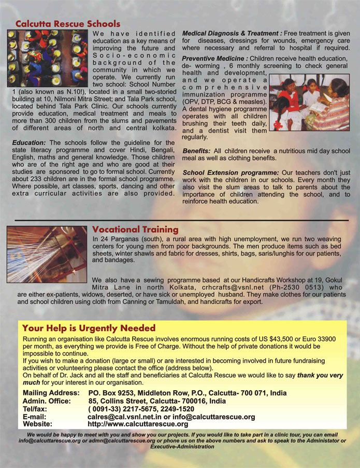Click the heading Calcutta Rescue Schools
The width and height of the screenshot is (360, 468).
pos(68,24)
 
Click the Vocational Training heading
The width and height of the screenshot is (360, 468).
pos(135,229)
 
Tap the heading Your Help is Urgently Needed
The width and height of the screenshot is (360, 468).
pos(89,328)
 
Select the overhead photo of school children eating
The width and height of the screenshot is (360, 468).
pos(48,58)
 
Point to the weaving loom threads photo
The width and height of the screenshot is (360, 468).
pos(47,253)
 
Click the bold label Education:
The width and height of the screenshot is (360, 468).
pos(29,143)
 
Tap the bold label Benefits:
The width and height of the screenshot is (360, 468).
pos(196,150)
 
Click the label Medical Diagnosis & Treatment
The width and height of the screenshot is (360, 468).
pos(232,33)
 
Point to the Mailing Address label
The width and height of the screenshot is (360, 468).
pos(51,393)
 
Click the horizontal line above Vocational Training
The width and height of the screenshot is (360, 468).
pos(181,220)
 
